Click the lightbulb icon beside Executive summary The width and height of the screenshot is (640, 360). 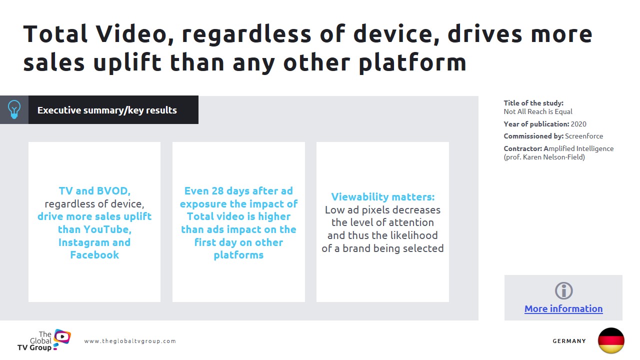pos(14,109)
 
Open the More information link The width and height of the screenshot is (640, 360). pos(563,309)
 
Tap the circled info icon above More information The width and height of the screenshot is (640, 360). pos(563,291)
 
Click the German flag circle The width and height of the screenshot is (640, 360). pos(611,340)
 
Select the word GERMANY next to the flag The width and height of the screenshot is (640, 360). pos(569,341)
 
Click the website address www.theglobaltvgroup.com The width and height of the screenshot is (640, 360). pos(130,341)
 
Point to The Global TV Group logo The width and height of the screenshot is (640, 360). pos(44,340)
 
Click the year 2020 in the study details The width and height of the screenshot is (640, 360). pos(578,124)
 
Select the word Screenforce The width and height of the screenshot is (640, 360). pos(584,136)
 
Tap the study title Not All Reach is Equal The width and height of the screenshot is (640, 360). pos(538,111)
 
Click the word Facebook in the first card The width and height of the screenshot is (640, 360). pos(94,255)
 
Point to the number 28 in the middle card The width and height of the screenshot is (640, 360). pos(217,191)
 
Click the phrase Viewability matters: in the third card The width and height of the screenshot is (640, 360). pos(383,197)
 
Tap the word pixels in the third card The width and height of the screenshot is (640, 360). pos(378,210)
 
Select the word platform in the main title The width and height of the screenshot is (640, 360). pos(412,63)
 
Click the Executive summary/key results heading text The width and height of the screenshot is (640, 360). pos(107,110)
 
